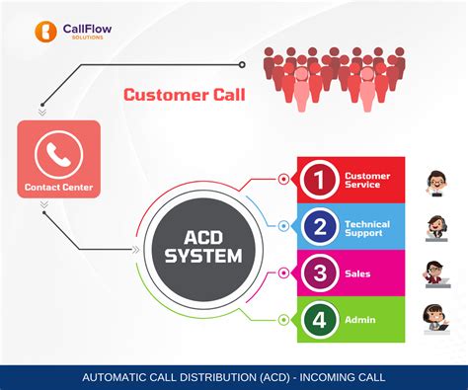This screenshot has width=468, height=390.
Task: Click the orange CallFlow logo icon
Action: (43, 31)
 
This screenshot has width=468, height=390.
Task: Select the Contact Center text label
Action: (58, 186)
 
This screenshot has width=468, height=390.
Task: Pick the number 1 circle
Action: (318, 180)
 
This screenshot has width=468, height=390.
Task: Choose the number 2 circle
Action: (318, 227)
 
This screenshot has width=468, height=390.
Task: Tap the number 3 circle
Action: (318, 273)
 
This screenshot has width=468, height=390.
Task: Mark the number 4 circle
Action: (318, 320)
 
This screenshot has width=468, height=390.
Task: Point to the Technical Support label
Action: (366, 228)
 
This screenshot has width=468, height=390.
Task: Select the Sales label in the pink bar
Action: (357, 273)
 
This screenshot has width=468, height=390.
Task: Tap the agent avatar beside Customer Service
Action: (435, 183)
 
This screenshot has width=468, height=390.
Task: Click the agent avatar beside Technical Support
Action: (435, 228)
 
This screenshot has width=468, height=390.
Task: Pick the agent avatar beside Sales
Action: (435, 273)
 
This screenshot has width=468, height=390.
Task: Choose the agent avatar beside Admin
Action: (435, 317)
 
